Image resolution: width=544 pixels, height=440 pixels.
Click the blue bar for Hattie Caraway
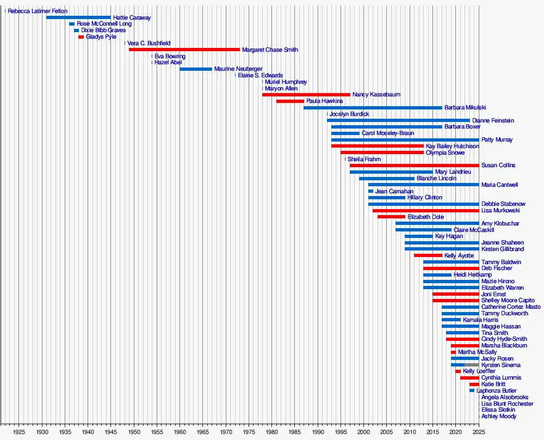[78, 17]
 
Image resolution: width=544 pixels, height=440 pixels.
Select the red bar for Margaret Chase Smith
[184, 50]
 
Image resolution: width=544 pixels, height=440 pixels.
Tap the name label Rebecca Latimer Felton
[38, 11]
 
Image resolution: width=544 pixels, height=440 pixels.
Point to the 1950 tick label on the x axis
[134, 432]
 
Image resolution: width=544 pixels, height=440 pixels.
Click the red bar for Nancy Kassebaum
[306, 95]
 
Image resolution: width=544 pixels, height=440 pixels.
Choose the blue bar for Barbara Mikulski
[373, 108]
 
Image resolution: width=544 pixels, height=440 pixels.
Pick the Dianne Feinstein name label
[493, 120]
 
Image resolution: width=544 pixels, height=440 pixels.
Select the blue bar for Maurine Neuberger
[196, 69]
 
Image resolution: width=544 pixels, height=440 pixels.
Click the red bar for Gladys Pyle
[81, 37]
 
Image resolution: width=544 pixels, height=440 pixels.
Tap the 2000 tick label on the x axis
[363, 432]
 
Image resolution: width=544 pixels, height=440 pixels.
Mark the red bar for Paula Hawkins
[290, 101]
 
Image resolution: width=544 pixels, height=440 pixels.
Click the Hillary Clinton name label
[425, 198]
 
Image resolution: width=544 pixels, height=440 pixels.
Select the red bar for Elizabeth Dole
[391, 217]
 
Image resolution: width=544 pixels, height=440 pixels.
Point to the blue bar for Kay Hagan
[418, 236]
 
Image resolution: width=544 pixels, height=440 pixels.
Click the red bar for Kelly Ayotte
[428, 255]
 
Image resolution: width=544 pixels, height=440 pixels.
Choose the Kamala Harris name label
[480, 320]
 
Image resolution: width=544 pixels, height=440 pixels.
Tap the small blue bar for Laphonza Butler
[472, 390]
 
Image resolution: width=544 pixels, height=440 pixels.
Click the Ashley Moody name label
[499, 417]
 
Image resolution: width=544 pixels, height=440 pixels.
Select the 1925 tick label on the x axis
[19, 432]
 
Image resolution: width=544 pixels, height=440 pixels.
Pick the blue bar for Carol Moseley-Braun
[345, 133]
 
